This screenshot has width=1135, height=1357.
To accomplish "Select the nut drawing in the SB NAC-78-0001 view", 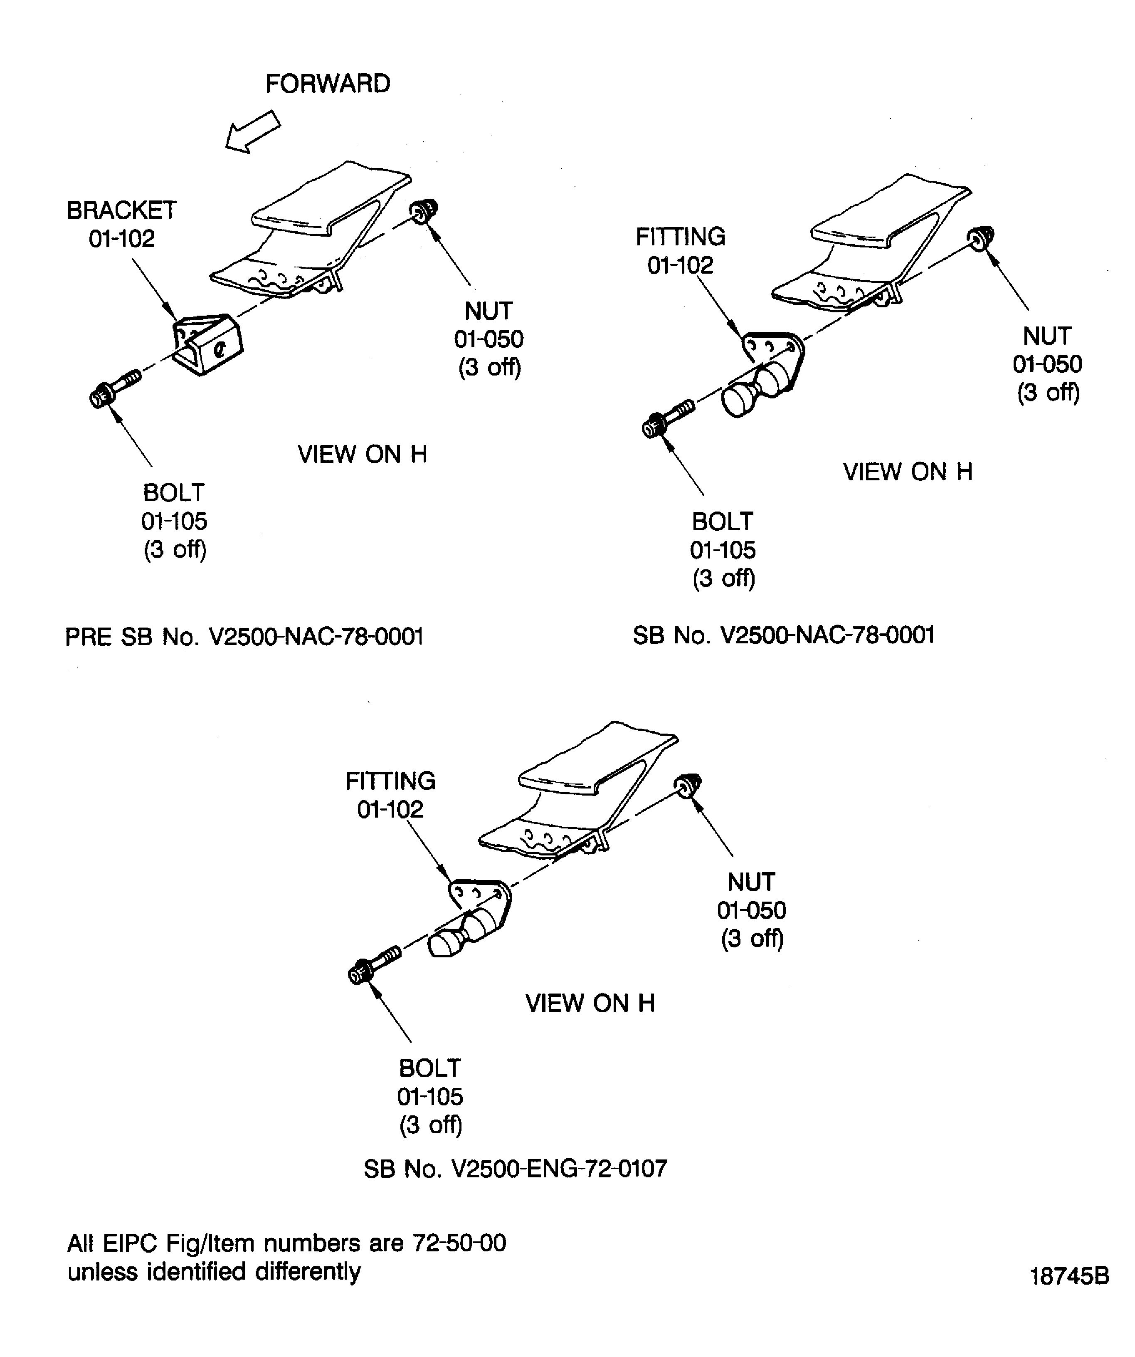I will click(x=981, y=238).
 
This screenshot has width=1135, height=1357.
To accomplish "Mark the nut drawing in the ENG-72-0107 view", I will click(x=688, y=784).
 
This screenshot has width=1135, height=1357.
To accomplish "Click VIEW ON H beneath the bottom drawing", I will click(x=590, y=1003).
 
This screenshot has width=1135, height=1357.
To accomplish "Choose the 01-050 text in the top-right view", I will click(x=1047, y=364).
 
